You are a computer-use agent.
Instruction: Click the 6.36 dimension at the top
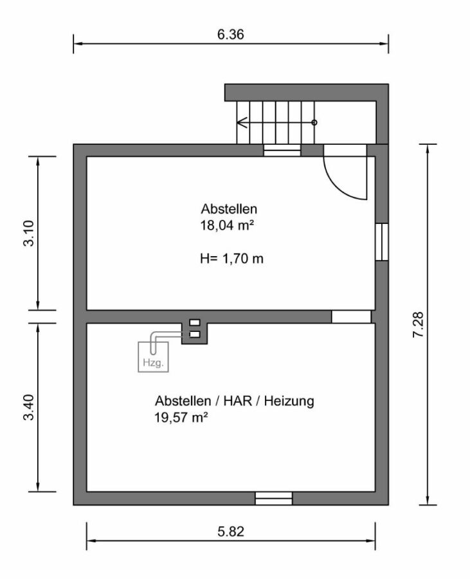point(230,34)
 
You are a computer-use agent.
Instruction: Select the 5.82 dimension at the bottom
point(230,531)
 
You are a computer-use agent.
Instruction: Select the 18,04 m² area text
point(224,225)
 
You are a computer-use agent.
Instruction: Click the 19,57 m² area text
point(180,418)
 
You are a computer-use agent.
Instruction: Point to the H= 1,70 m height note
point(232,259)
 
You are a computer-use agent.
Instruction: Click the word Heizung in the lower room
point(289,401)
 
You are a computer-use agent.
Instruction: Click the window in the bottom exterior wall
point(274,498)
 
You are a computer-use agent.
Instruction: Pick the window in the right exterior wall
point(382,242)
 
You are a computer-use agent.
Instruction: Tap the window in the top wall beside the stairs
point(282,151)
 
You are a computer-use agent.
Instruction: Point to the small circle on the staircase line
point(314,122)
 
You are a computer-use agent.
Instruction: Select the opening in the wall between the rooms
point(351,317)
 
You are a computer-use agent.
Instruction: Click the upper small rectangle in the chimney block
point(195,323)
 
